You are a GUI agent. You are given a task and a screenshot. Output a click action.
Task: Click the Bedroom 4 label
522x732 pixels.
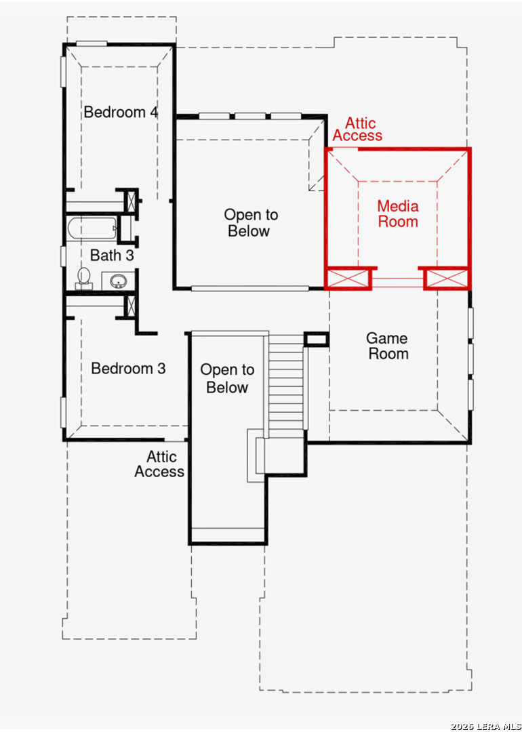click(121, 112)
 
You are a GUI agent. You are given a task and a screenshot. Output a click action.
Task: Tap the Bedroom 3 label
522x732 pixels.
click(128, 368)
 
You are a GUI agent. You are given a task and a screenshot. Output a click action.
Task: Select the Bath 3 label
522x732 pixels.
click(112, 256)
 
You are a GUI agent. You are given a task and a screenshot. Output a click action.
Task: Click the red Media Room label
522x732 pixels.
click(398, 213)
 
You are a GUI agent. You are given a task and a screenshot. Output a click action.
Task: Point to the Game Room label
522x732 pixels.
click(387, 346)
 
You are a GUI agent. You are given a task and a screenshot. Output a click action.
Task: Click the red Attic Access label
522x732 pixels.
click(357, 129)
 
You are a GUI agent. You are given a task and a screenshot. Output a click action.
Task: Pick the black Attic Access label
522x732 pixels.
click(160, 464)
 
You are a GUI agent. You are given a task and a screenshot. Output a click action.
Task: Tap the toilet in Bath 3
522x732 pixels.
click(84, 278)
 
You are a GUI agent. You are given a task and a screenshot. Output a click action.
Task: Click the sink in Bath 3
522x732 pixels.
click(118, 281)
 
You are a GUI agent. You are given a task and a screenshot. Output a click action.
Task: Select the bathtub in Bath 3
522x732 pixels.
click(92, 228)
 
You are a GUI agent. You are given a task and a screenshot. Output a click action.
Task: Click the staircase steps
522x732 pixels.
click(286, 384)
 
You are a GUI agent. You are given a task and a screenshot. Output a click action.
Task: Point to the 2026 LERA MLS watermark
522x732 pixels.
click(485, 727)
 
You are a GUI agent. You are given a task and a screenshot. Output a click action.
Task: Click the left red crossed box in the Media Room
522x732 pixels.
click(348, 279)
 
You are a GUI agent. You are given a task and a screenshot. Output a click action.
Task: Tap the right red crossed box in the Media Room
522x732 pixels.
click(447, 279)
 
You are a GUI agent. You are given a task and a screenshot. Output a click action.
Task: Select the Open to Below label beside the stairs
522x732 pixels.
click(227, 379)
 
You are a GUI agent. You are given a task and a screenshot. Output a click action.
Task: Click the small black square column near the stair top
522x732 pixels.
click(317, 340)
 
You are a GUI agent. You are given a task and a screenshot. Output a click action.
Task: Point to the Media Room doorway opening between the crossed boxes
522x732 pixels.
click(397, 283)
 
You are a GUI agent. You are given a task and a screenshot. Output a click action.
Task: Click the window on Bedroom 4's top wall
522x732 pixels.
click(92, 44)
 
